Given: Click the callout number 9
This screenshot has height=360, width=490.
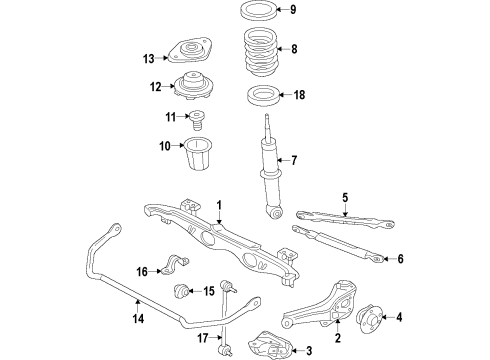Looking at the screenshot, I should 293,11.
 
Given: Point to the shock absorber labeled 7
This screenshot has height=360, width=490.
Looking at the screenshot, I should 270,170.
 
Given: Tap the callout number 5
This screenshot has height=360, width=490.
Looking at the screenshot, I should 344,198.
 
